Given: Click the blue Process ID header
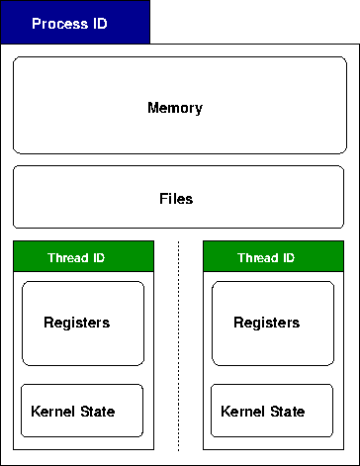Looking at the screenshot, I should [75, 23].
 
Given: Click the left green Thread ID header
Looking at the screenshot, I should [83, 258].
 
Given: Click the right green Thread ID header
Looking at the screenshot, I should [273, 258].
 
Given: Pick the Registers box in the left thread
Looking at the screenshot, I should [83, 323].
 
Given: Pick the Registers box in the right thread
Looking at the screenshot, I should [273, 323].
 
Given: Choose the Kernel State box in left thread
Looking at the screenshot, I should [83, 411].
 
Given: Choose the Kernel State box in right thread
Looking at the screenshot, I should [273, 411].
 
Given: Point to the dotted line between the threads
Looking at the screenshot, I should [179, 346].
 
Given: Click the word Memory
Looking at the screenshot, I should [175, 107].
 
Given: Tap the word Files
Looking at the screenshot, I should [176, 198].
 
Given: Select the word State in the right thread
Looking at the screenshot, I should [286, 412].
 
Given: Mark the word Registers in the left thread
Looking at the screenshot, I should [76, 323].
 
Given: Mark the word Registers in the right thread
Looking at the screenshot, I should [266, 323].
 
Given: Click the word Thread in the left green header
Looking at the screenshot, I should [66, 258].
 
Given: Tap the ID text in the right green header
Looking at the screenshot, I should [287, 258].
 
